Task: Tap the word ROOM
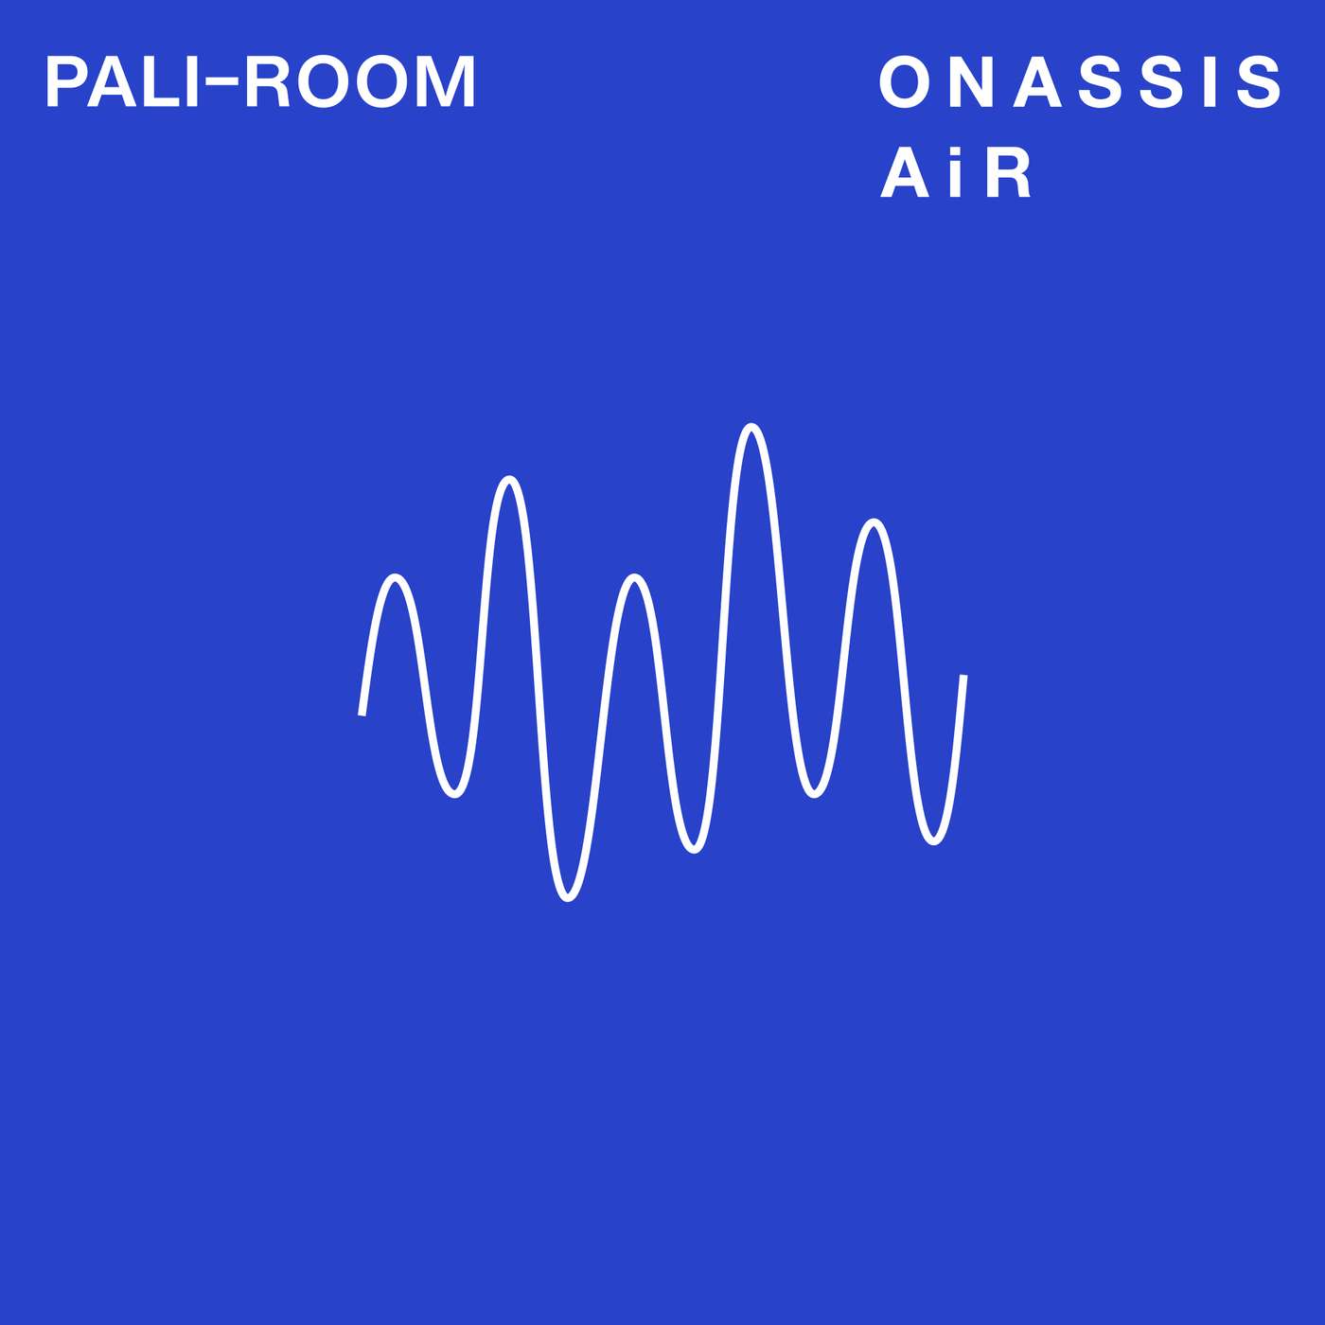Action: pyautogui.click(x=361, y=82)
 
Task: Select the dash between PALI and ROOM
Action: pyautogui.click(x=220, y=81)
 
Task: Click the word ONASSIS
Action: pyautogui.click(x=1081, y=82)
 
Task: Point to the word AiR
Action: pyautogui.click(x=956, y=174)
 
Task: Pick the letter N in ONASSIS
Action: pyautogui.click(x=970, y=82)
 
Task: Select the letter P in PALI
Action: pyautogui.click(x=63, y=82)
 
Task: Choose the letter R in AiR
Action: pyautogui.click(x=1008, y=174)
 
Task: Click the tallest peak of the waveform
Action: pyautogui.click(x=751, y=427)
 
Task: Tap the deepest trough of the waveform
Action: pyautogui.click(x=568, y=897)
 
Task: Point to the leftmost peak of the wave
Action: pyautogui.click(x=396, y=576)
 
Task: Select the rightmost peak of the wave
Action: pyautogui.click(x=874, y=522)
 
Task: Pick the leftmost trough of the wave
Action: pyautogui.click(x=455, y=794)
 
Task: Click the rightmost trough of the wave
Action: pyautogui.click(x=933, y=840)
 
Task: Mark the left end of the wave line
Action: pyautogui.click(x=362, y=714)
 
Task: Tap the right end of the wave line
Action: pyautogui.click(x=963, y=676)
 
